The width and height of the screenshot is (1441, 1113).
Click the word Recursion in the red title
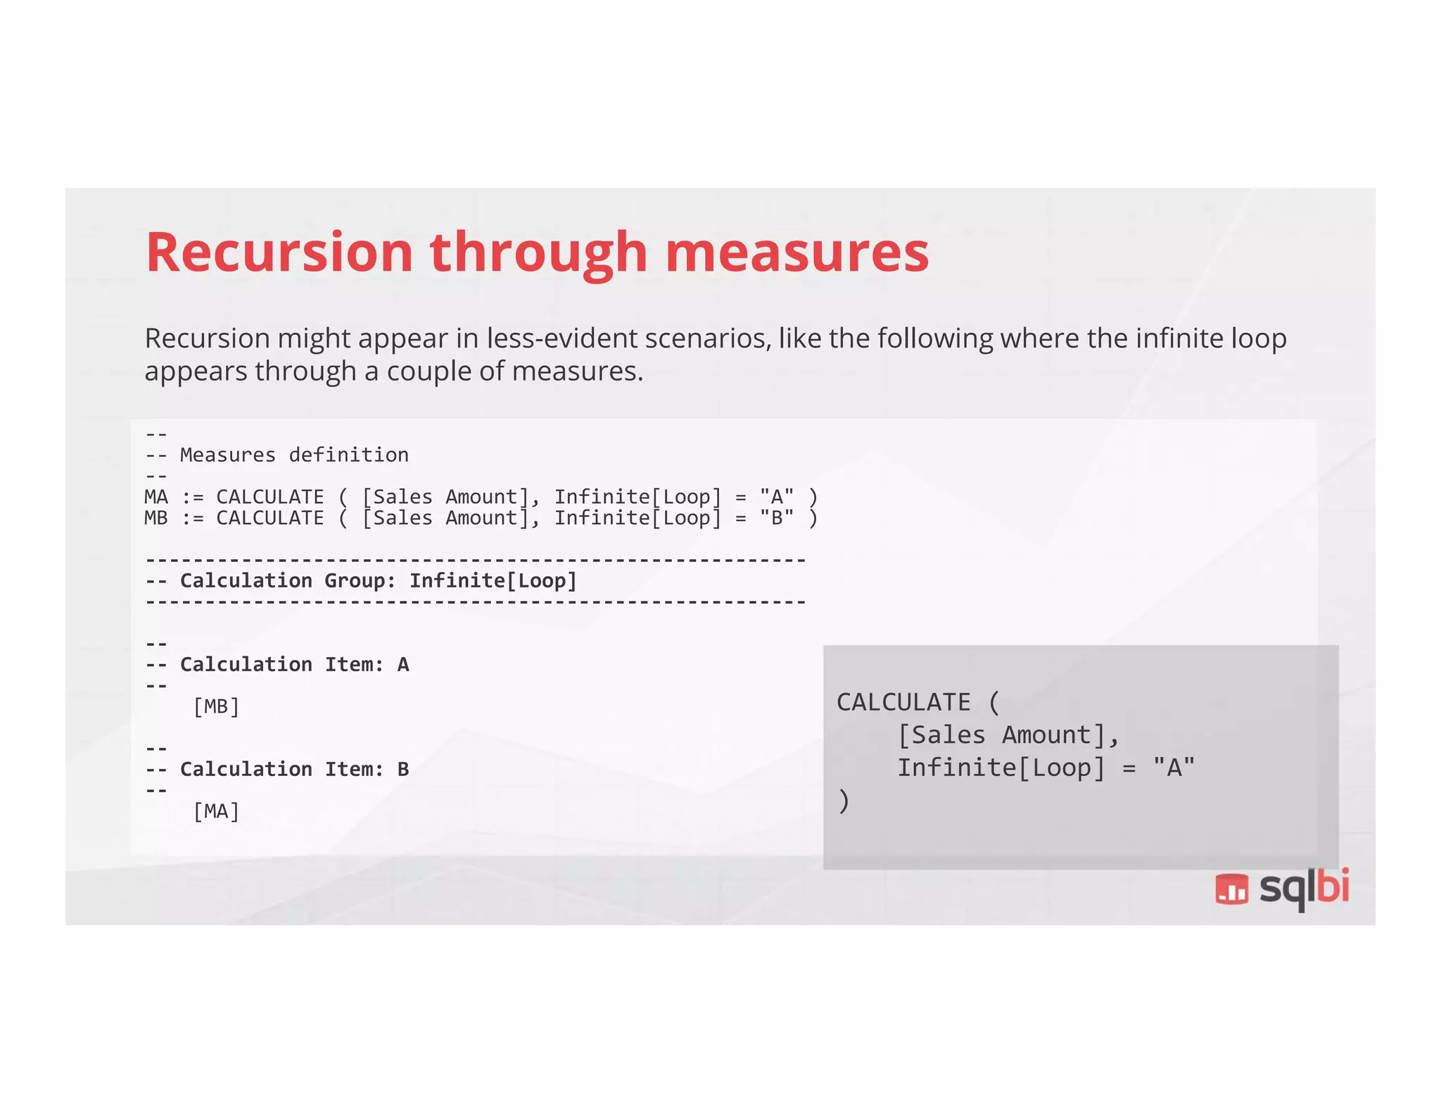tap(279, 253)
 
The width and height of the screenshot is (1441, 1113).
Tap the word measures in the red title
tap(796, 253)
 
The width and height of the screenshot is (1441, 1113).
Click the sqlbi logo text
tap(1304, 889)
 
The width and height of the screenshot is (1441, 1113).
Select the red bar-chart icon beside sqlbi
tap(1231, 889)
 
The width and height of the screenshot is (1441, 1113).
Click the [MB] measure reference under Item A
tap(216, 706)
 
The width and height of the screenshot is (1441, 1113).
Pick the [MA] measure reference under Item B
tap(216, 811)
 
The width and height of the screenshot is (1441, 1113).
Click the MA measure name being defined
tap(156, 497)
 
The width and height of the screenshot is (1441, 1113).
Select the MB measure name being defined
tap(156, 518)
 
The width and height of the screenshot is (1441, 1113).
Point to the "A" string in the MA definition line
tap(777, 497)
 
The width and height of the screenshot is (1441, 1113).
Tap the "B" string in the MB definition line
tap(777, 518)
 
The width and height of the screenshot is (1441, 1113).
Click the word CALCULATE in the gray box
tap(903, 702)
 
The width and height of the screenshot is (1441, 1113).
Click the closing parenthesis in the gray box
tap(844, 801)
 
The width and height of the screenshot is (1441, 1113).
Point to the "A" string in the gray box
tap(1174, 768)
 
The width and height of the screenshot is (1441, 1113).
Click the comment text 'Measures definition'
tap(294, 455)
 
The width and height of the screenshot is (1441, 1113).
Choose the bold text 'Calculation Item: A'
tap(294, 665)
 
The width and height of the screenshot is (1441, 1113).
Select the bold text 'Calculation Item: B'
tap(294, 769)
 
